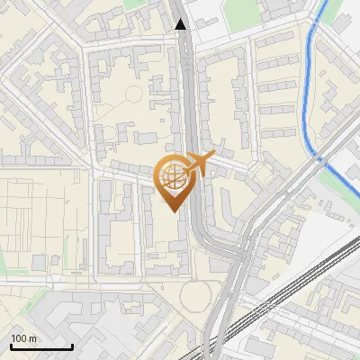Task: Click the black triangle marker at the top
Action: click(182, 24)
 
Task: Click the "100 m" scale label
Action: click(23, 338)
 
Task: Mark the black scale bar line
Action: click(41, 346)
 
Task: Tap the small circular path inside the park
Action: click(133, 94)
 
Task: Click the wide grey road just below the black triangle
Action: click(184, 54)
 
